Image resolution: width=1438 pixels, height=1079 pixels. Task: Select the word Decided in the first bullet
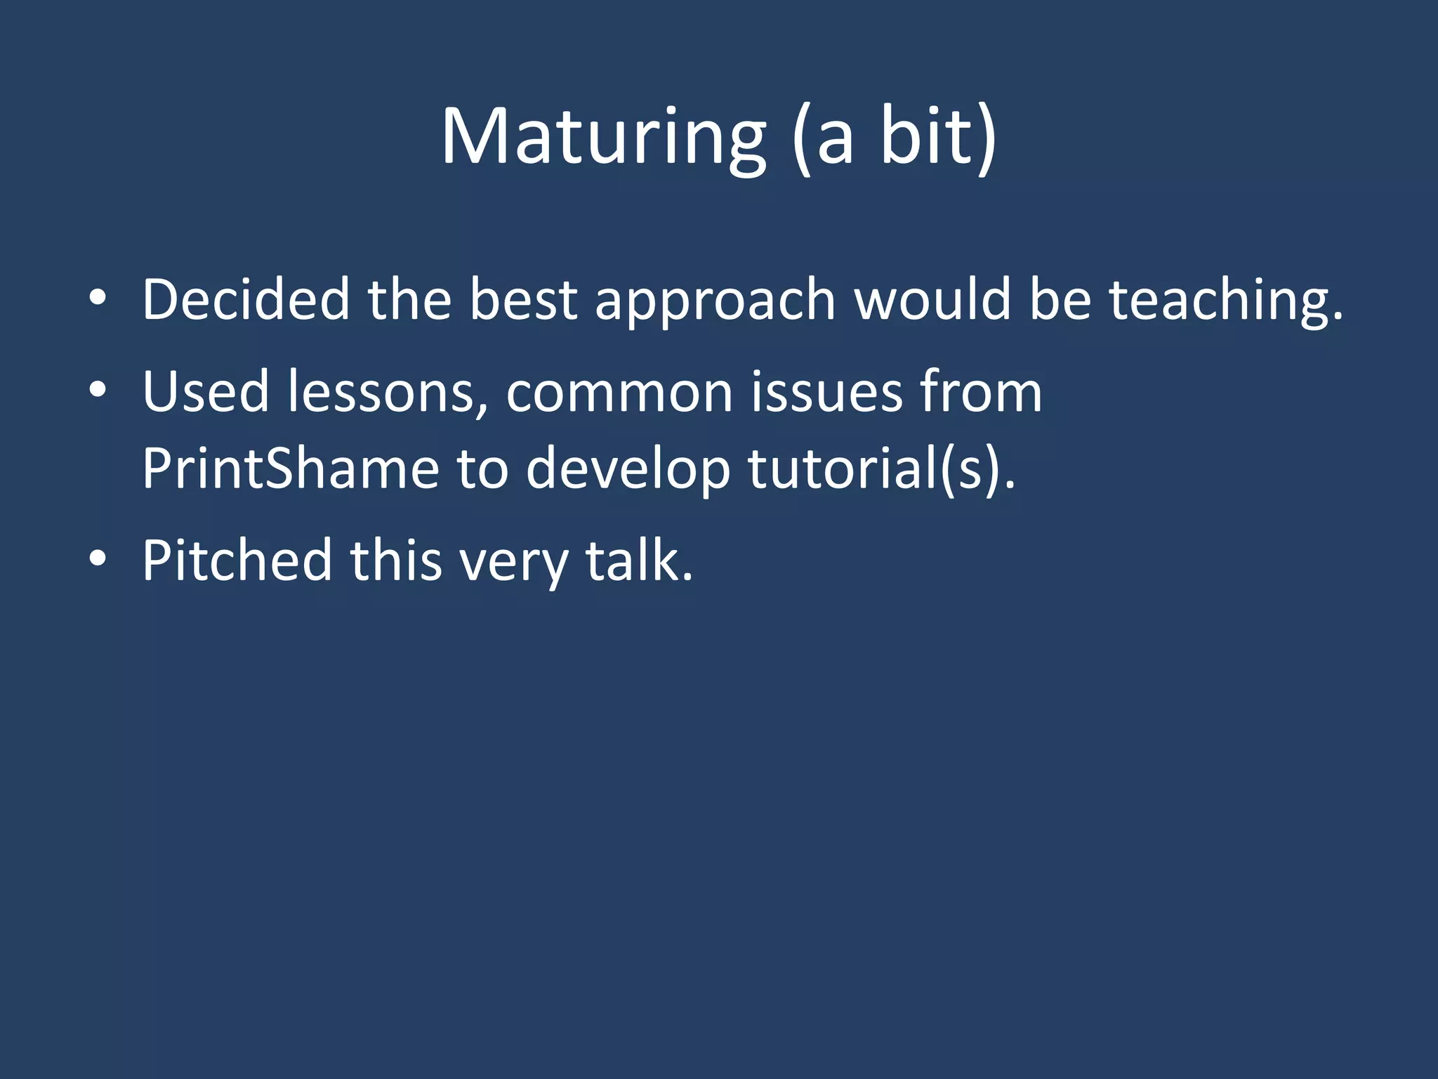click(x=246, y=300)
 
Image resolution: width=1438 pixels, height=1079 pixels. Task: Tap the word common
click(x=619, y=393)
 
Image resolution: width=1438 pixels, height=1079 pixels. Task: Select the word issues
click(x=826, y=391)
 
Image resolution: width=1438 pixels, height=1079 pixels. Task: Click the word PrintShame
click(x=290, y=469)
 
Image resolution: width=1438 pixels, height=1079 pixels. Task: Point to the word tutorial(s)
click(x=881, y=469)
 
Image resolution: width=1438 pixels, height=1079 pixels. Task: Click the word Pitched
click(x=237, y=561)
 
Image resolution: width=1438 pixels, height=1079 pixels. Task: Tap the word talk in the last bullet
click(x=639, y=561)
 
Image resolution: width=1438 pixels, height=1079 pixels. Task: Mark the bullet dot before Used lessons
click(x=98, y=391)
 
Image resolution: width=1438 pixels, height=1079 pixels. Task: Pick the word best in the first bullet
click(x=523, y=300)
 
